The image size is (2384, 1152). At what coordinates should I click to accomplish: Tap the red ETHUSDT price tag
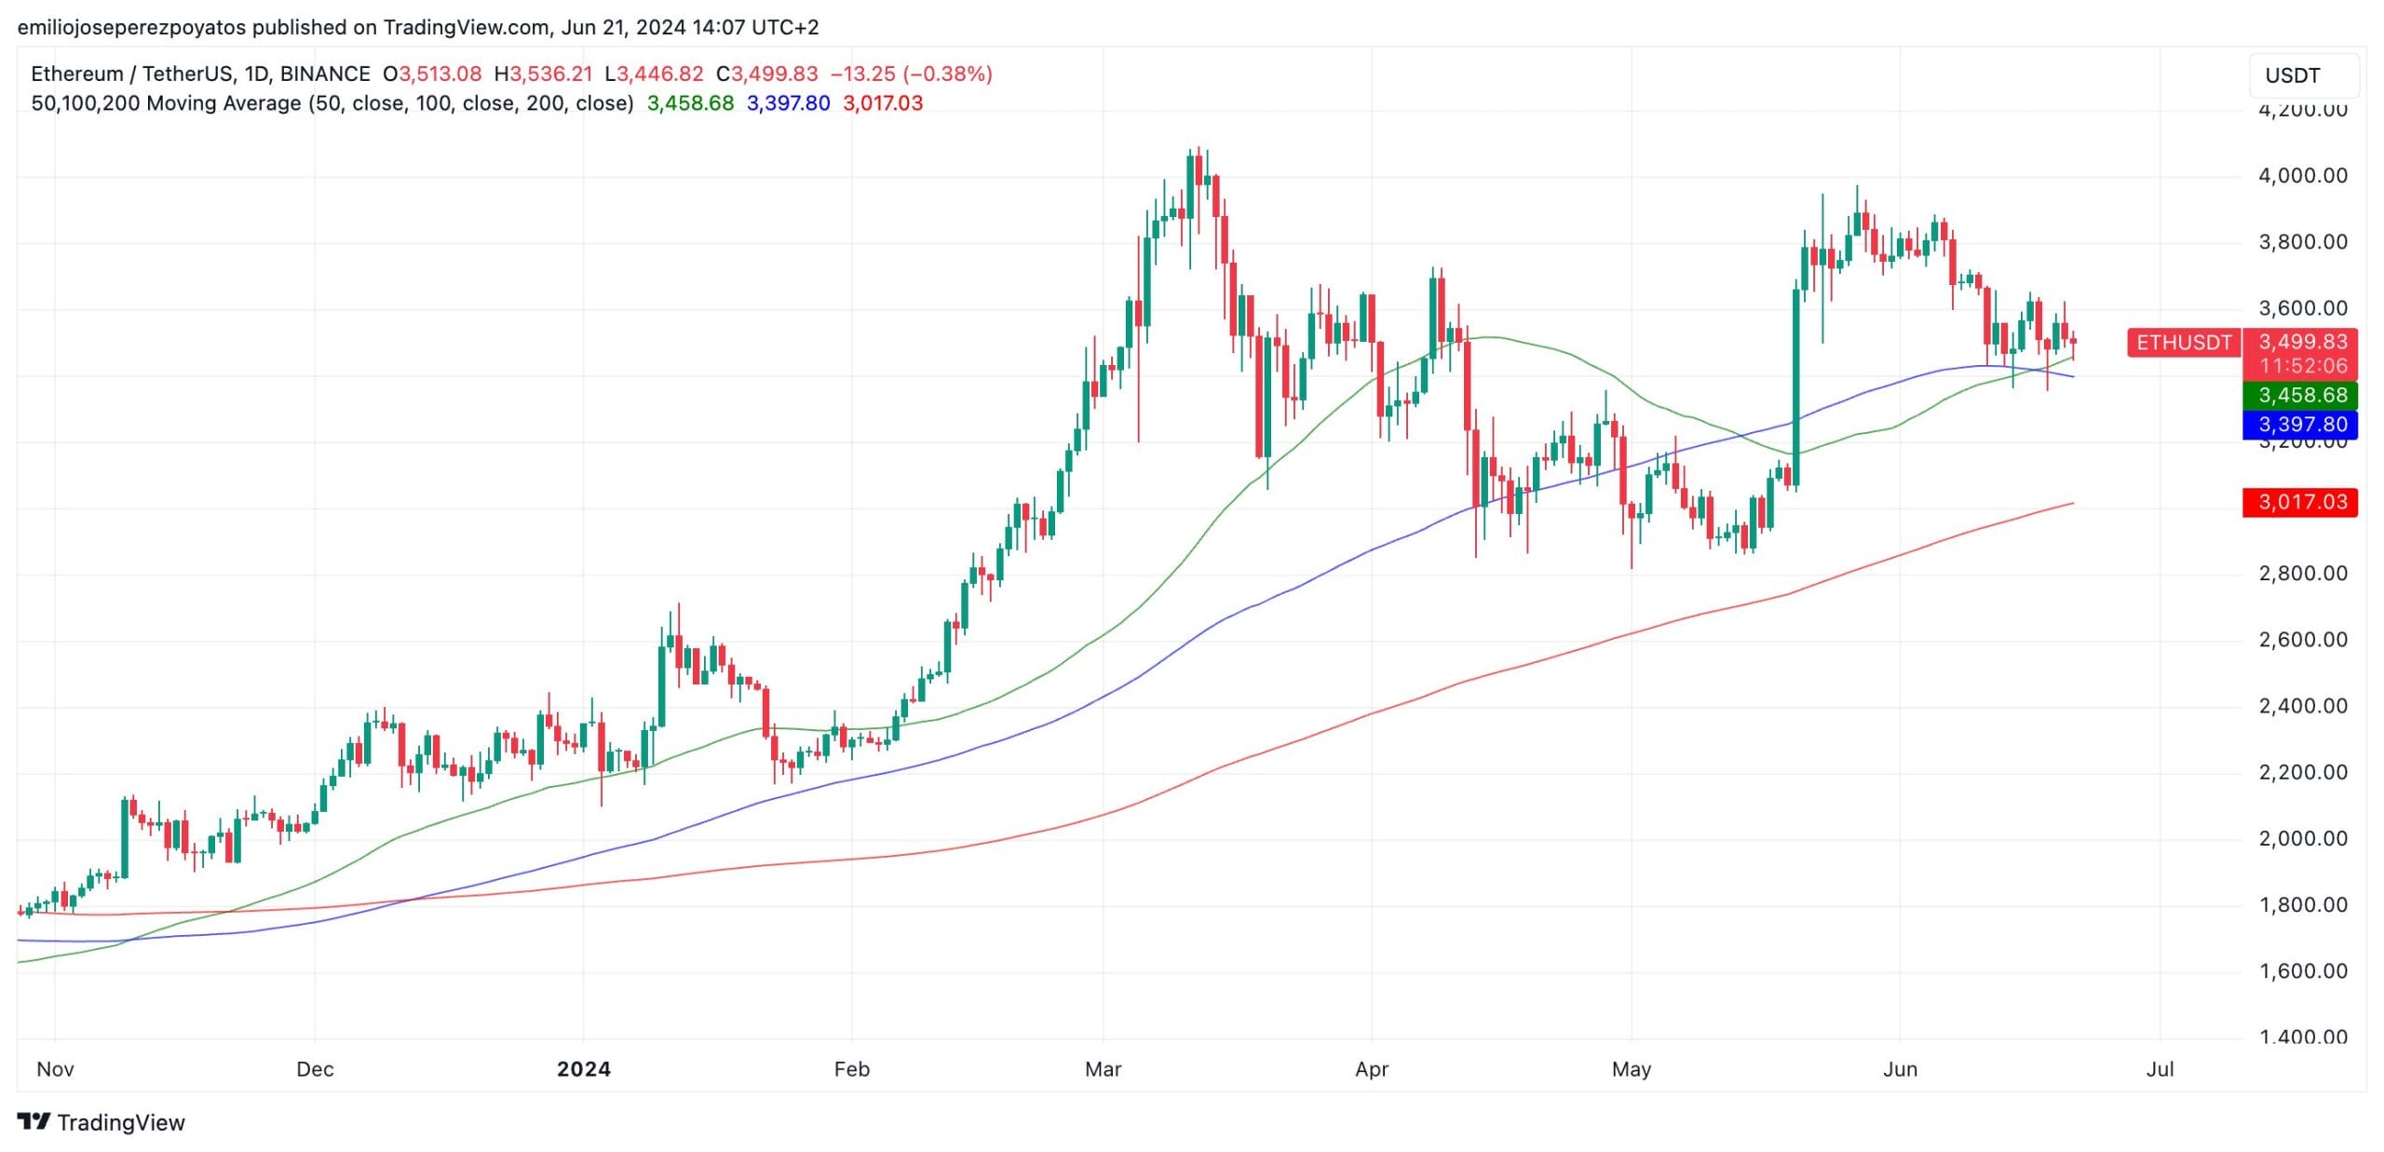(x=2184, y=343)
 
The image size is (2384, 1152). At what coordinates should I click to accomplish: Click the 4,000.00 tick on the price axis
(x=2302, y=176)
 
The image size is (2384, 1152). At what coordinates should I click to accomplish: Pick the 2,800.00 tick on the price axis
(x=2302, y=574)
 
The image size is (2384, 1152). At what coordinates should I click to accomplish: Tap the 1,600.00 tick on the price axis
(x=2302, y=971)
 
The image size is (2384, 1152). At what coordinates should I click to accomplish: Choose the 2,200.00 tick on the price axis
(x=2302, y=772)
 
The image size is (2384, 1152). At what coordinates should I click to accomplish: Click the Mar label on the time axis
(x=1103, y=1069)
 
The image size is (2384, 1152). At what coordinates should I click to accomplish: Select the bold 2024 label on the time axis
(x=584, y=1069)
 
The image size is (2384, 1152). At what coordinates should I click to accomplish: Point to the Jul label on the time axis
(x=2160, y=1069)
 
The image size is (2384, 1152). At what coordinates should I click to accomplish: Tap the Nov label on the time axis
(x=55, y=1069)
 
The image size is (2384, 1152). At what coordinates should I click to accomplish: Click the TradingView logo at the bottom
(x=102, y=1122)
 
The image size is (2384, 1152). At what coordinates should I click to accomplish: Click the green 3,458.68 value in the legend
(x=690, y=103)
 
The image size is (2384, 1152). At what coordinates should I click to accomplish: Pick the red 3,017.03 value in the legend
(x=883, y=103)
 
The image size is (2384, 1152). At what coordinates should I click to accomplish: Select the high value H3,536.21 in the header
(x=543, y=74)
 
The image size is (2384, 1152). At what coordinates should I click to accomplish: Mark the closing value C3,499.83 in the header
(x=766, y=74)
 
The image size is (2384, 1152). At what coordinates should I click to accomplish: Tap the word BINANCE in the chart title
(x=325, y=74)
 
